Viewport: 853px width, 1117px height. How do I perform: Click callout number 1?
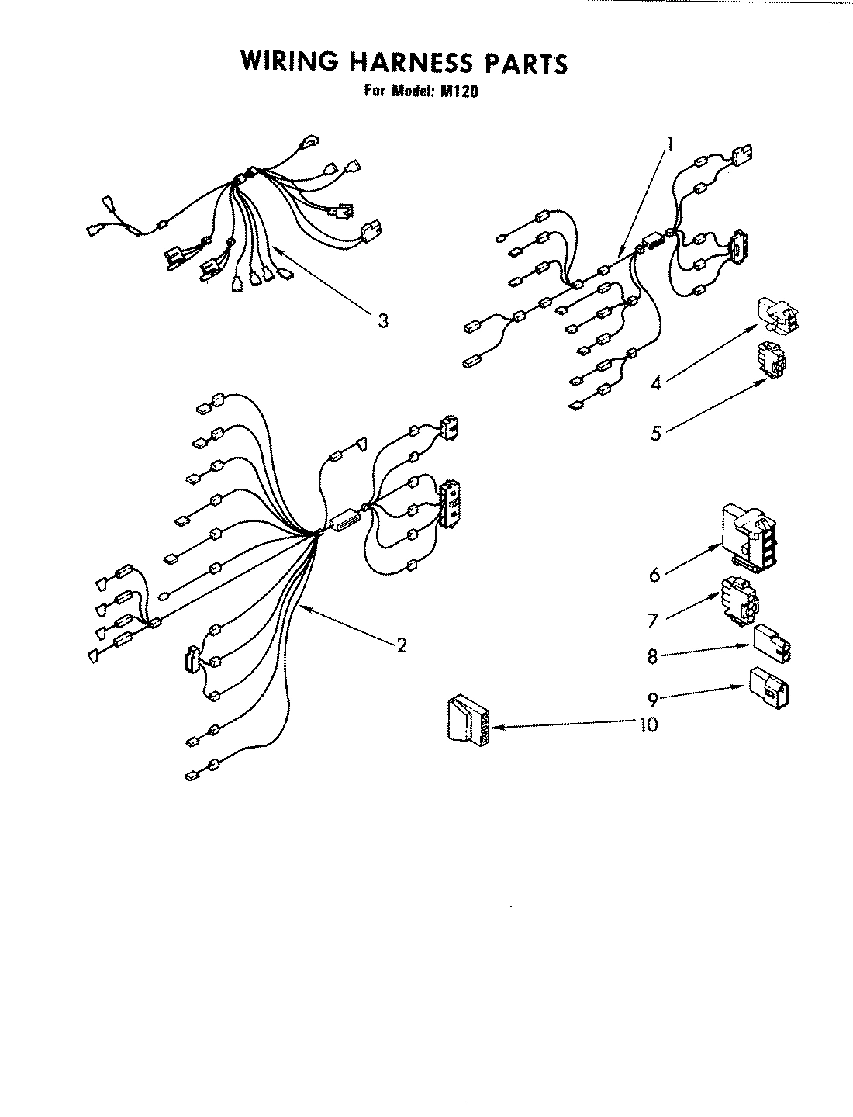(670, 143)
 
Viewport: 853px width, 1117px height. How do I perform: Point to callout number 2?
(401, 645)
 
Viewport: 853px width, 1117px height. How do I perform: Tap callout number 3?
(382, 320)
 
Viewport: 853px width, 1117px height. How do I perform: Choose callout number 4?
(655, 382)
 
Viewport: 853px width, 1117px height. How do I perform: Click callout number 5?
(656, 433)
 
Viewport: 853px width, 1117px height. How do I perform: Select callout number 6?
(654, 575)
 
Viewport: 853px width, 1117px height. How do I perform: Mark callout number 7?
(653, 621)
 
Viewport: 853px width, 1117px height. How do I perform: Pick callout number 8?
(653, 657)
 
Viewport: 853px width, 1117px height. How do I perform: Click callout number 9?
(653, 700)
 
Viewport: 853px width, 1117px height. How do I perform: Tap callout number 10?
(648, 724)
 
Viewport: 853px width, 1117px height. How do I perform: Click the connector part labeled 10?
(468, 721)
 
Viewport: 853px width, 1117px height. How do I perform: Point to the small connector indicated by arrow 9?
(770, 687)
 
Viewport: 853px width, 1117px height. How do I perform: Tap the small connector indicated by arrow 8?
(772, 644)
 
